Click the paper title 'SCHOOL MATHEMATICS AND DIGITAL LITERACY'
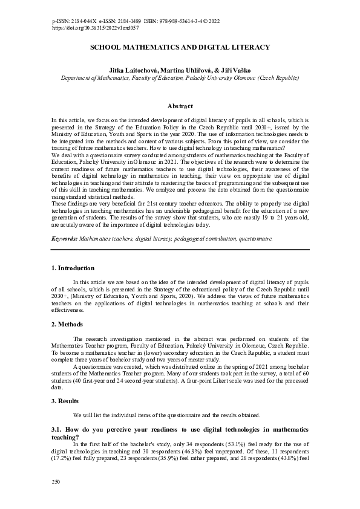coord(180,47)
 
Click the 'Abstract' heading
coord(180,106)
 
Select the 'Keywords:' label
coord(65,239)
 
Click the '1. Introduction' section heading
coord(73,268)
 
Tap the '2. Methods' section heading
coord(67,325)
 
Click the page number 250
coord(57,481)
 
